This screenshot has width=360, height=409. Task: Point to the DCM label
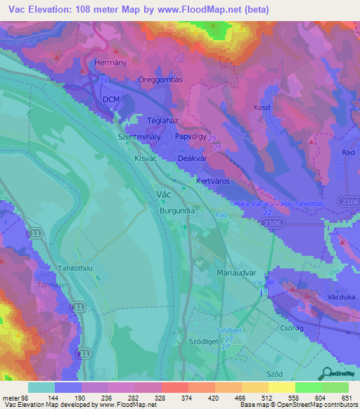[111, 100]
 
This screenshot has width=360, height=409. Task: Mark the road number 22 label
[268, 212]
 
